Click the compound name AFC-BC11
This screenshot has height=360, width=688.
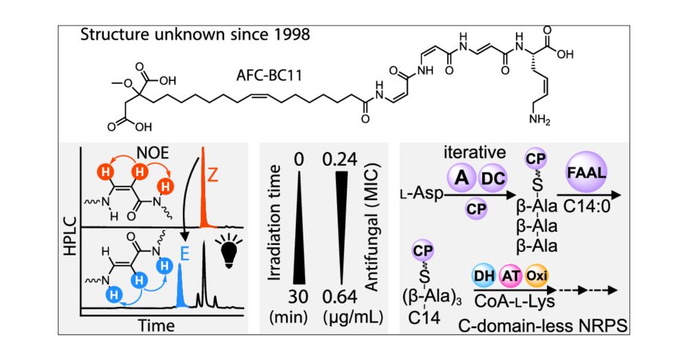coord(269,76)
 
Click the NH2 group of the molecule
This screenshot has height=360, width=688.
coord(539,119)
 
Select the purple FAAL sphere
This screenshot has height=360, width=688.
coord(587,172)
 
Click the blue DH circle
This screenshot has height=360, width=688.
coord(484,276)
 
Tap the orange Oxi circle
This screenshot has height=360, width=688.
coord(536,276)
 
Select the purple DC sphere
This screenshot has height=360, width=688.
coord(493,178)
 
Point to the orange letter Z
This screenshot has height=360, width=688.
coord(213,176)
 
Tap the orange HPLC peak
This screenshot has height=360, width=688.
coord(204,189)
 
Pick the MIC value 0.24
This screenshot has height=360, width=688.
coord(340,160)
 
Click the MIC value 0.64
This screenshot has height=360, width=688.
coord(340,297)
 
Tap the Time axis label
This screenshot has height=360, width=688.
coord(156,326)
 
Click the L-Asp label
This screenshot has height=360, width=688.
coord(421,193)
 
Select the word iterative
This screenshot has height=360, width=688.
coord(475,153)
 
